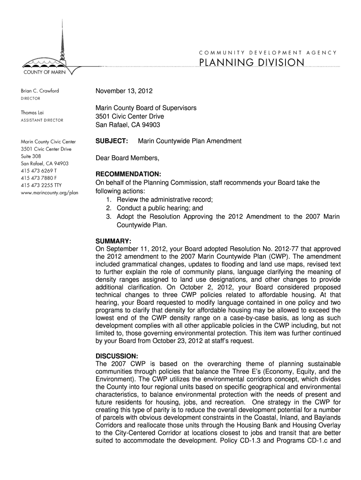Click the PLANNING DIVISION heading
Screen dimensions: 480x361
tap(252, 62)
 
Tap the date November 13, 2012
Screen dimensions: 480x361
tap(124, 91)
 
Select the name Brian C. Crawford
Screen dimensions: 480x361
tap(40, 91)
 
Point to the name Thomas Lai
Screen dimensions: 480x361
tap(33, 112)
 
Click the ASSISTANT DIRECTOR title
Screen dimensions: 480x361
tap(42, 120)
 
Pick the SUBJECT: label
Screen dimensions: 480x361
tap(112, 141)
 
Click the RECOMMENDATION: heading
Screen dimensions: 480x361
tap(128, 173)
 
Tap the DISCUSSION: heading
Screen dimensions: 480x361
tap(117, 356)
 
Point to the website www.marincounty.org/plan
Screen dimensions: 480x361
tap(49, 193)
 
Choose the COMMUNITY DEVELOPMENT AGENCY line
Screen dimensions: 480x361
tap(268, 52)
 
